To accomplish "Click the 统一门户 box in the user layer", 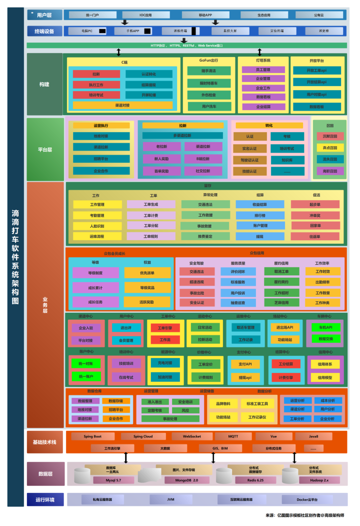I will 92,15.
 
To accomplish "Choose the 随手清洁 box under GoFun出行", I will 208,71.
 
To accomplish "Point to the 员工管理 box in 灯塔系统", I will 263,70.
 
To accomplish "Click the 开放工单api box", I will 316,70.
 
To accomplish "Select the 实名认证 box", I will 249,149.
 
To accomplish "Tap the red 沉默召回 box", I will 330,136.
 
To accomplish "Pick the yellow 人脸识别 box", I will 97,226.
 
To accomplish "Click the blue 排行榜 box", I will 259,215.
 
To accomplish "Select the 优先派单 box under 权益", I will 147,273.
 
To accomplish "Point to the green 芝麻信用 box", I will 282,302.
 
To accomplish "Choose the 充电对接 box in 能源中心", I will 165,363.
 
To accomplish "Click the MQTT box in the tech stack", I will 233,436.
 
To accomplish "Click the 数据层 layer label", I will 46,473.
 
